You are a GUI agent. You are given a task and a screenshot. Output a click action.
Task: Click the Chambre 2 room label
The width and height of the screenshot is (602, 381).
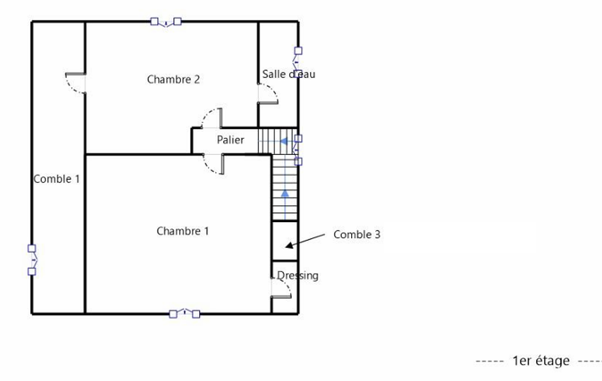[173, 79]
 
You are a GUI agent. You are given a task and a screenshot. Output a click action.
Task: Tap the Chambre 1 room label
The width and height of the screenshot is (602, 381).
[183, 231]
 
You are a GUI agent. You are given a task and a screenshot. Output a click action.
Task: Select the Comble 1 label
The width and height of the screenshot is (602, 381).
[57, 179]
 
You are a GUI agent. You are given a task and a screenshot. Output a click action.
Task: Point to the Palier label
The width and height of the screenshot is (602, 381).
[230, 140]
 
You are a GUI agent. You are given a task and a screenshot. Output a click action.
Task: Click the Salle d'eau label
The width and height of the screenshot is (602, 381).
[289, 74]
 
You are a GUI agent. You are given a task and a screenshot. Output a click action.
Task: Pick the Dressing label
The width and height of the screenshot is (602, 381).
[298, 275]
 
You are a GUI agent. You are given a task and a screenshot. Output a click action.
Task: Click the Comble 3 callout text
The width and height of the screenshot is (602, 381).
[357, 234]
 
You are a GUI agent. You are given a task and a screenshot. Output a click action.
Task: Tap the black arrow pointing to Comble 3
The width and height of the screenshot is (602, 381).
[305, 240]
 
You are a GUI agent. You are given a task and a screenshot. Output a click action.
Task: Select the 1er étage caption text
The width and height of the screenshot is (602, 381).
[541, 360]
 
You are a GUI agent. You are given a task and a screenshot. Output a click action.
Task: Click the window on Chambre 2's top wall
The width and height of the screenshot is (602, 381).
[166, 22]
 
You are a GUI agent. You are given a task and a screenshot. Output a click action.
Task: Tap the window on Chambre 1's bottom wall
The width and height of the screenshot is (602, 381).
[184, 314]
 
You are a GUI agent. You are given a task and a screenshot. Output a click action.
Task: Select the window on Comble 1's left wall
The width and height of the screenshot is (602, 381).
[32, 260]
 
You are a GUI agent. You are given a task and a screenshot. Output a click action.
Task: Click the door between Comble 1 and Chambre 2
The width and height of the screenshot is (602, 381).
[76, 83]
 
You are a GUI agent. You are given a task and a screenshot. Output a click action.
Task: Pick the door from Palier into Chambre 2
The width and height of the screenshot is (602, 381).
[211, 118]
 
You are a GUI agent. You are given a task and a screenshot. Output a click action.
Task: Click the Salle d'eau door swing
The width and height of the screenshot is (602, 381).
[268, 94]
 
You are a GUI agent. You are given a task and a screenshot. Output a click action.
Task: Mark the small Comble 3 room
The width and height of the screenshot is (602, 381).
[285, 241]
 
